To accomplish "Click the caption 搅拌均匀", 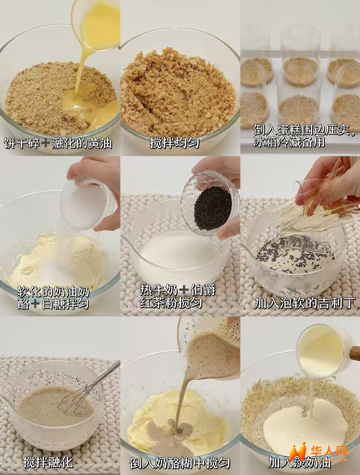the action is [x=174, y=143].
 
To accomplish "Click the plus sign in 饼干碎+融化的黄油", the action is [x=46, y=143].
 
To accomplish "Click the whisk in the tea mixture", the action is [x=88, y=388].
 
